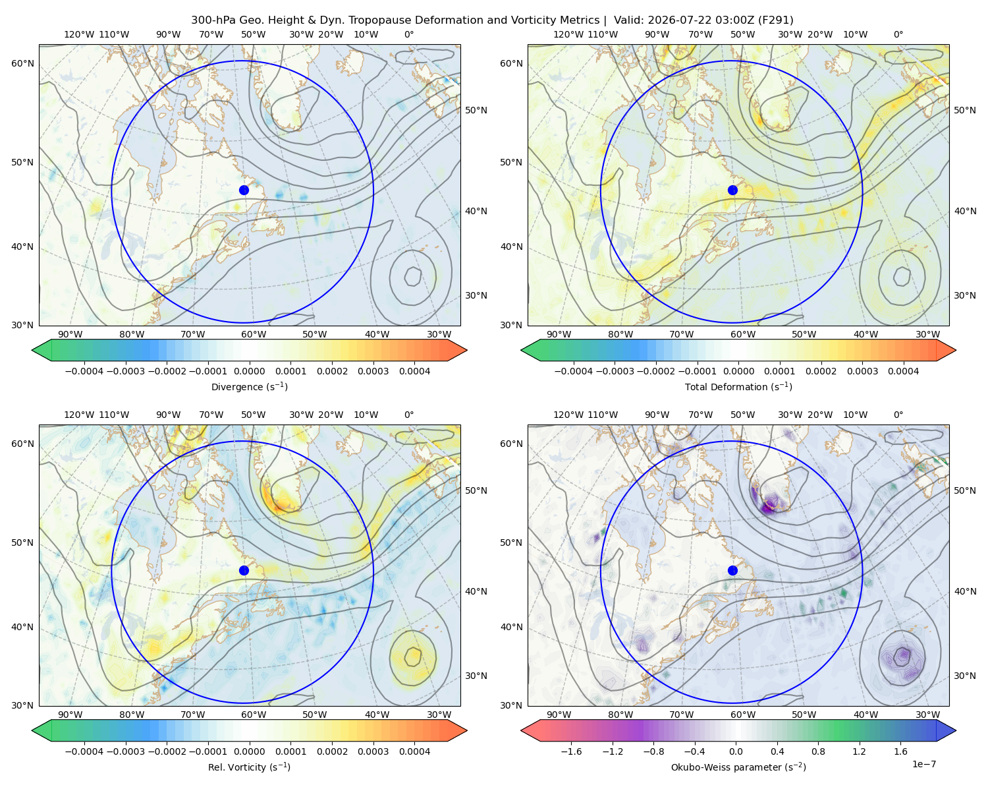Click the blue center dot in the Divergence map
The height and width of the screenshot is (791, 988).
[244, 190]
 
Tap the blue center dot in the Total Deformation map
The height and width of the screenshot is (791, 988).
[732, 190]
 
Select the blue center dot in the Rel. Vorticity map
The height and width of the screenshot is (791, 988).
[244, 570]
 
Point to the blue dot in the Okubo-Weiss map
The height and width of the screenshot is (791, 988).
[732, 570]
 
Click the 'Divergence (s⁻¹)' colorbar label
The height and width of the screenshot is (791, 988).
[249, 386]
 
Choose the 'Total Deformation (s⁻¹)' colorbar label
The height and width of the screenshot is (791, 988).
[738, 386]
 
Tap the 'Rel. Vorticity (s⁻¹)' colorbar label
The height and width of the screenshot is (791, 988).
[249, 767]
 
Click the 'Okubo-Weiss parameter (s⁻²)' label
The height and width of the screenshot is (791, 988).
[738, 767]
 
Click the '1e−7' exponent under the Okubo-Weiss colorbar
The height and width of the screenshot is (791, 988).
[923, 764]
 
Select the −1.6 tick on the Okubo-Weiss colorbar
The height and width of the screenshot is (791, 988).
[571, 751]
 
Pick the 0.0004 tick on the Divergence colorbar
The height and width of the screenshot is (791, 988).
[414, 371]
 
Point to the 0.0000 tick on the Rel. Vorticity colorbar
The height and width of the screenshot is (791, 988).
[249, 751]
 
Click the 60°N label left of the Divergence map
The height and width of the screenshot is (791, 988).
[22, 63]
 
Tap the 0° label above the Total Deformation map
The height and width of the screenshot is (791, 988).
[898, 34]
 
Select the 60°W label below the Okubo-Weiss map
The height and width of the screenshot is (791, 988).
[743, 715]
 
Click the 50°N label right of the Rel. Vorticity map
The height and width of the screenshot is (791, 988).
[476, 490]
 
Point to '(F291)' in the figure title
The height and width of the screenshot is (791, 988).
[775, 20]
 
